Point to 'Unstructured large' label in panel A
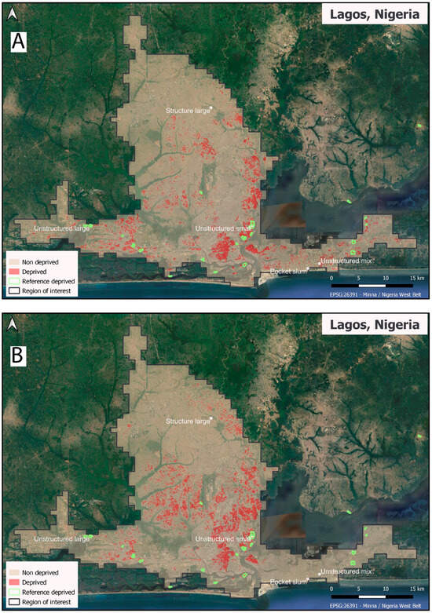click(60, 228)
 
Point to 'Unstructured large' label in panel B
click(60, 539)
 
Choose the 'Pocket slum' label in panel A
click(287, 270)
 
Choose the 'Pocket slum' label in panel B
click(287, 582)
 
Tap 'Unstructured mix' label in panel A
click(346, 261)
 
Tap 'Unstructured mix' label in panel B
click(346, 572)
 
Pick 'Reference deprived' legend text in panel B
click(48, 592)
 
